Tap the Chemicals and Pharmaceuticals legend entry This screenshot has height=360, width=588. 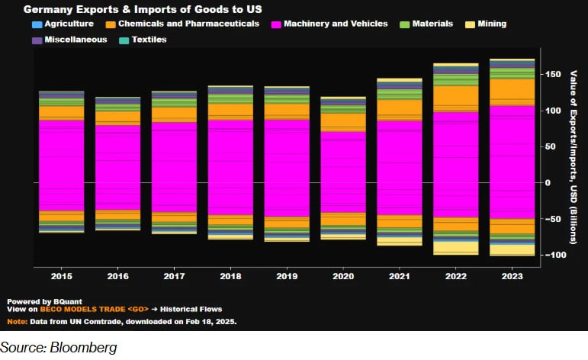click(x=190, y=24)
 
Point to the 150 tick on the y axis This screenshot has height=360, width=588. click(x=551, y=75)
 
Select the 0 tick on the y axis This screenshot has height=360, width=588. click(x=546, y=183)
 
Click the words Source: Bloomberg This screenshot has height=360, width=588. click(x=59, y=349)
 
